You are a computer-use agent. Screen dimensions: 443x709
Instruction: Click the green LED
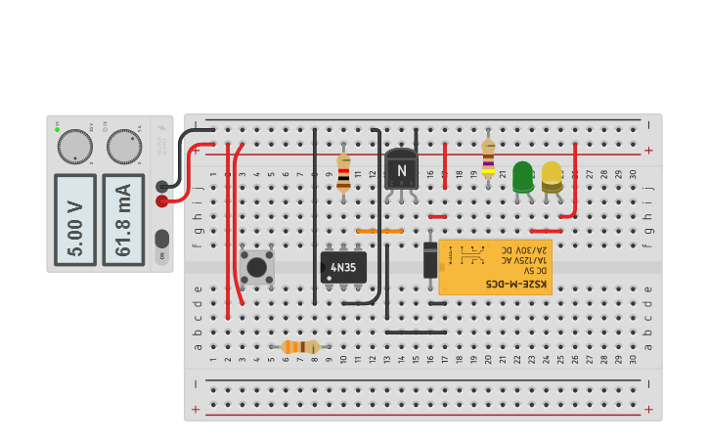click(x=522, y=177)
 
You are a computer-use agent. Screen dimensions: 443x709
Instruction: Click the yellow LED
click(x=552, y=176)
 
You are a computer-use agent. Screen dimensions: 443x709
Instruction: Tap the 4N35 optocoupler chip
click(x=343, y=267)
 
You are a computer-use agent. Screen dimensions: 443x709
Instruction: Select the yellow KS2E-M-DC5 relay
click(x=495, y=267)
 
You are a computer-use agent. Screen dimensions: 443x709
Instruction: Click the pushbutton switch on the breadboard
click(x=257, y=267)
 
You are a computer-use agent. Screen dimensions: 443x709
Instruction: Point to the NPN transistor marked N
click(x=401, y=169)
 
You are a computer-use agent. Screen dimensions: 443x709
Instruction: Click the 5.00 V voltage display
click(x=75, y=219)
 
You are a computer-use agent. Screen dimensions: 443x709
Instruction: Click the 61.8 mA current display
click(x=123, y=219)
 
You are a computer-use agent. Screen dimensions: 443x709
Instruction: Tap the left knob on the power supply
click(x=74, y=148)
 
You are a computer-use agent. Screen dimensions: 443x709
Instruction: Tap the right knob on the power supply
click(x=123, y=147)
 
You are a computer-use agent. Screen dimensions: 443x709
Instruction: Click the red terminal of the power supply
click(x=161, y=201)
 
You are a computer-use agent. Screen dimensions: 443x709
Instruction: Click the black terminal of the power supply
click(x=161, y=186)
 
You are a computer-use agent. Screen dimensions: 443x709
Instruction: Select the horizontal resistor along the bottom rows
click(x=300, y=346)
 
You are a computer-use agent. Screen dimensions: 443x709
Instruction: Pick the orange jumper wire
click(x=379, y=231)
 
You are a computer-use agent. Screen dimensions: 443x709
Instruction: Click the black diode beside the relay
click(x=430, y=260)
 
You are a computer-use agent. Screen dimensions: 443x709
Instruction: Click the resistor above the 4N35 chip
click(x=343, y=171)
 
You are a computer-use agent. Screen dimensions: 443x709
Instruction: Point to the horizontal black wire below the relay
click(x=416, y=332)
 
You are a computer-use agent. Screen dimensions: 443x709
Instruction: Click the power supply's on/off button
click(x=161, y=239)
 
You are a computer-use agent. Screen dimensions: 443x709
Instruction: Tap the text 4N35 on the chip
click(x=343, y=267)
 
